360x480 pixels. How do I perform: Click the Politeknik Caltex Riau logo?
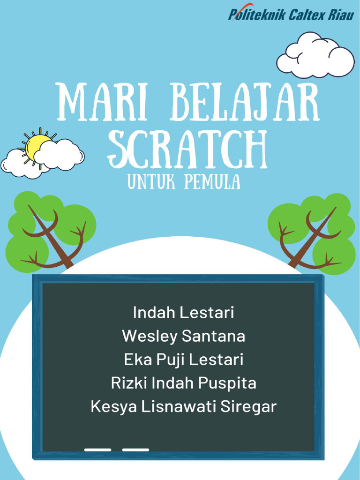pyautogui.click(x=291, y=13)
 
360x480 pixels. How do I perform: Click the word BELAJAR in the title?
pyautogui.click(x=245, y=102)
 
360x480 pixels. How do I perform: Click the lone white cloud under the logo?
pyautogui.click(x=315, y=55)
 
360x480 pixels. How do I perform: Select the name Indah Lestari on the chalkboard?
pyautogui.click(x=183, y=313)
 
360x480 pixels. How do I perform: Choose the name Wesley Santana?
pyautogui.click(x=183, y=336)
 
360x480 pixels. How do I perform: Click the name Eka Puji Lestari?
pyautogui.click(x=183, y=360)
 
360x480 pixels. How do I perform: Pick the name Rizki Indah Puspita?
pyautogui.click(x=183, y=383)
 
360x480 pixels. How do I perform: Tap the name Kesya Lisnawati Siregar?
pyautogui.click(x=183, y=407)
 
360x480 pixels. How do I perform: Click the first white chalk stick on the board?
pyautogui.click(x=97, y=450)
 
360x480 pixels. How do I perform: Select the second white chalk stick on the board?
pyautogui.click(x=135, y=450)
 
